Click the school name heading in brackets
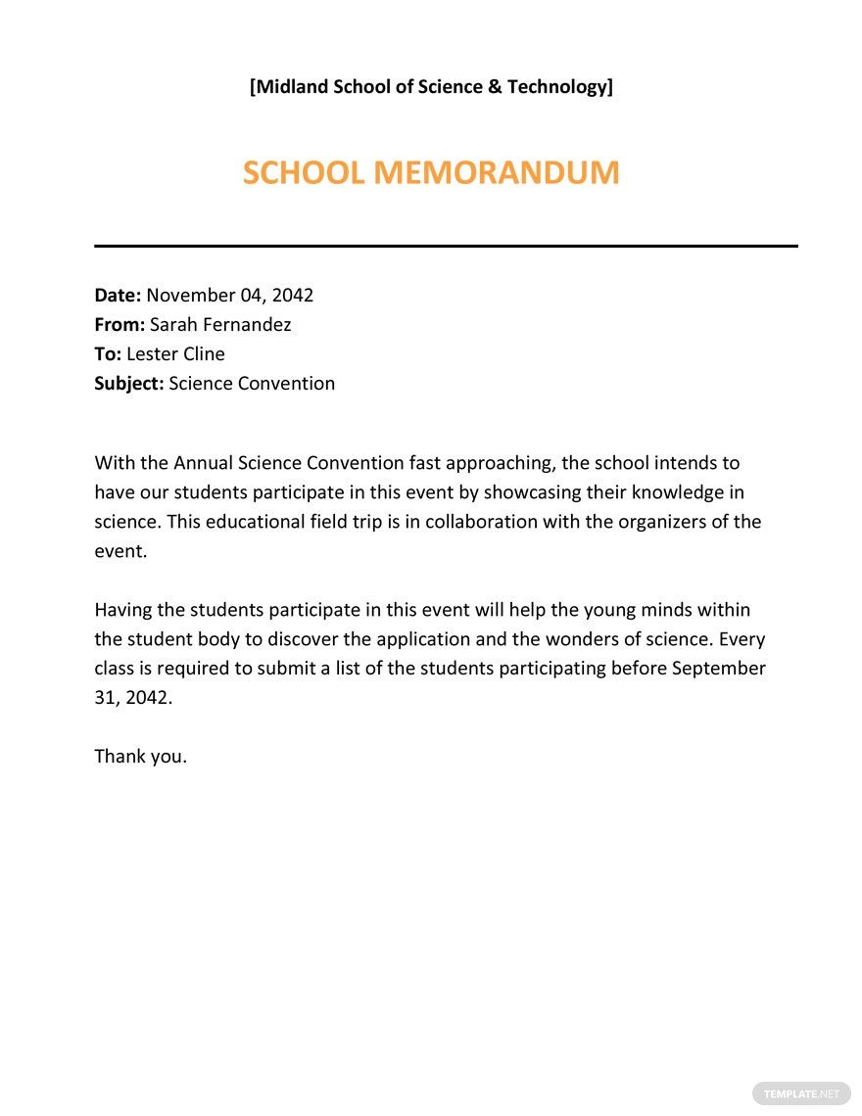coord(431,87)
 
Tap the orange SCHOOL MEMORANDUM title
coord(431,173)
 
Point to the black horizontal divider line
coord(446,246)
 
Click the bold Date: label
coord(118,296)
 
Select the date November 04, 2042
coord(230,296)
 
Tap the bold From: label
coord(120,325)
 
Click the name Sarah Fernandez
coord(220,325)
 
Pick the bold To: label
coord(108,354)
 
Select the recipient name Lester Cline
coord(175,354)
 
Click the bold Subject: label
coord(128,384)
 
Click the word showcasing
coord(535,492)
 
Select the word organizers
coord(664,522)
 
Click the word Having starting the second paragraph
coord(123,610)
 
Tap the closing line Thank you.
coord(140,757)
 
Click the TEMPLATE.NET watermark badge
coord(801,1093)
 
